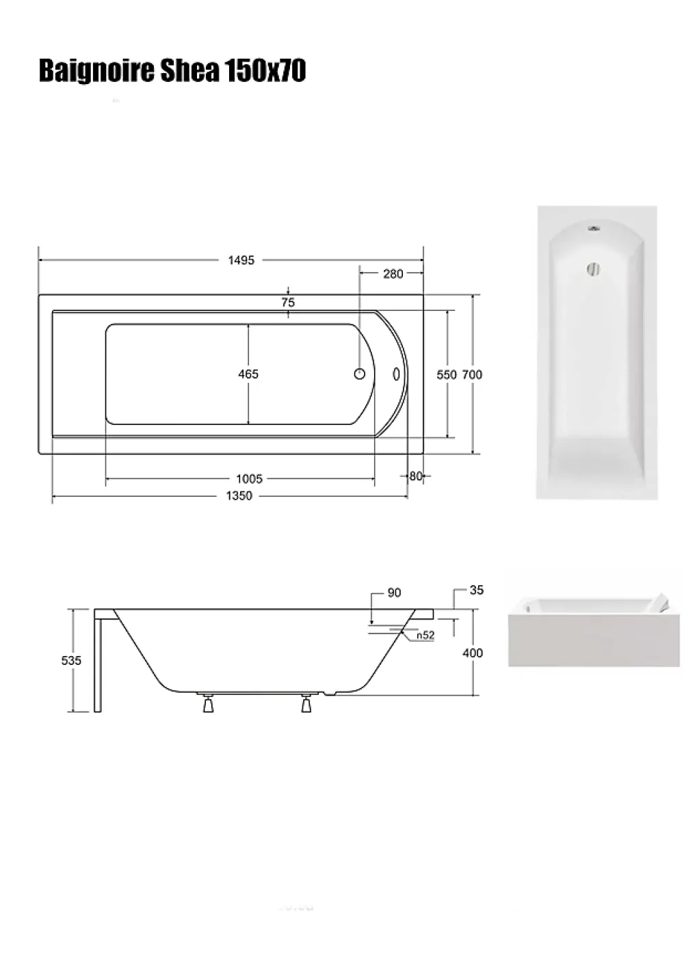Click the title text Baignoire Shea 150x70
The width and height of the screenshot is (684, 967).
[172, 71]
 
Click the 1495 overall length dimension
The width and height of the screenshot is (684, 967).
[241, 260]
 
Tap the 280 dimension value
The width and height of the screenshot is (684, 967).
[393, 273]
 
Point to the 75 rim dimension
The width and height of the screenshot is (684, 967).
[288, 302]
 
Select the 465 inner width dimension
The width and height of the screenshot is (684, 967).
[248, 374]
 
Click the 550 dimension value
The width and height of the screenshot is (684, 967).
[447, 374]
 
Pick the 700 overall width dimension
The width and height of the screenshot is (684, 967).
[472, 374]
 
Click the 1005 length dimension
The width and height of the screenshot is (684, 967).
[249, 479]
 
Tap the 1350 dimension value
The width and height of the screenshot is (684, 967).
[239, 496]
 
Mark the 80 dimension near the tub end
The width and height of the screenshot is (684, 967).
[415, 476]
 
